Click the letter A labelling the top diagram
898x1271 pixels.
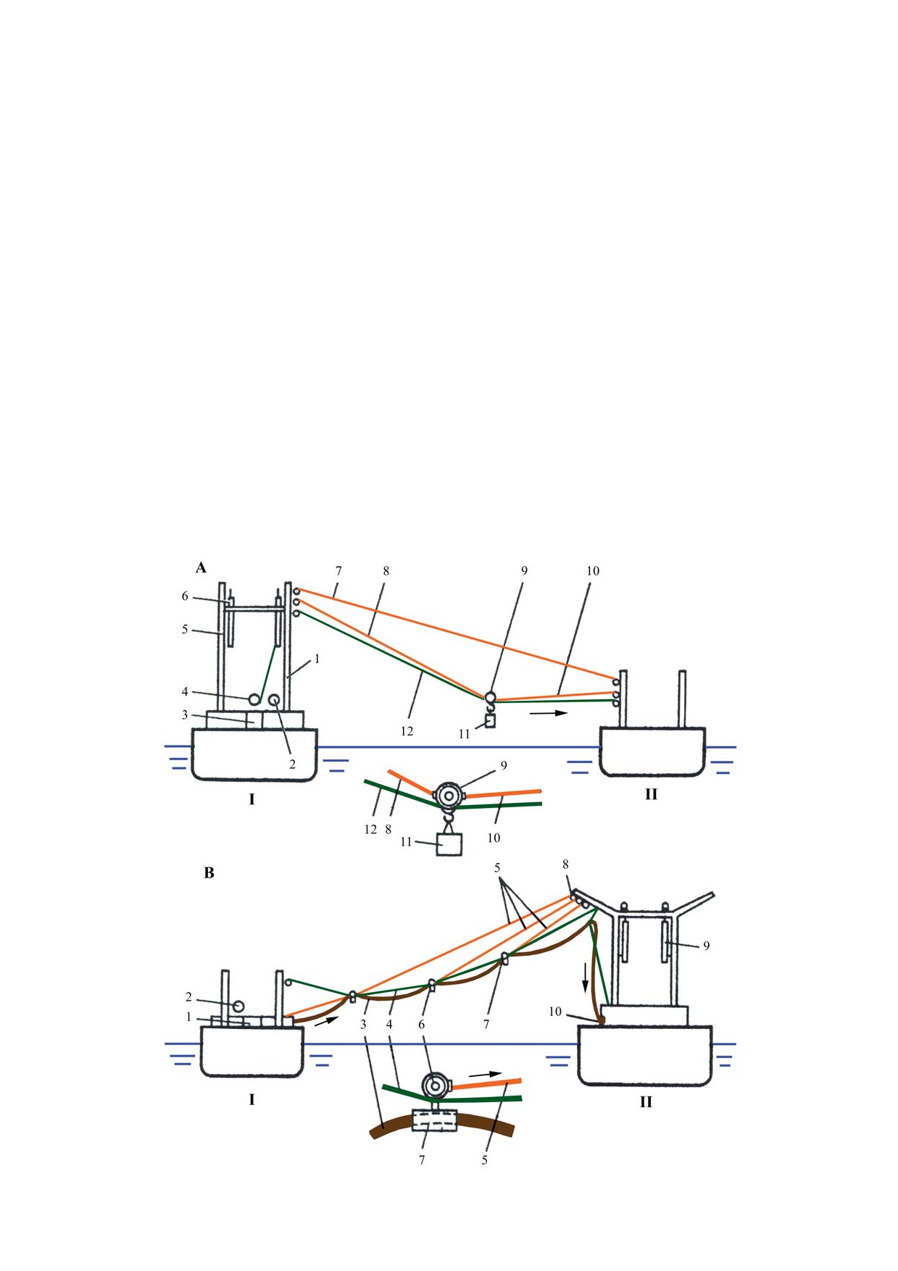tap(201, 567)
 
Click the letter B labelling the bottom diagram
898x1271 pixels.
tap(209, 873)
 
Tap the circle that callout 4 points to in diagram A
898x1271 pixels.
tap(254, 699)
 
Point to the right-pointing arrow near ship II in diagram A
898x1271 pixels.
tap(548, 713)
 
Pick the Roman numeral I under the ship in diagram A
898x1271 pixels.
tap(251, 799)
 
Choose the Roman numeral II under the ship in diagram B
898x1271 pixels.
tap(646, 1102)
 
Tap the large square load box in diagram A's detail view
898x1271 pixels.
tap(449, 844)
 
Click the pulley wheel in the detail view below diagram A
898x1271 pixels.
tap(449, 796)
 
